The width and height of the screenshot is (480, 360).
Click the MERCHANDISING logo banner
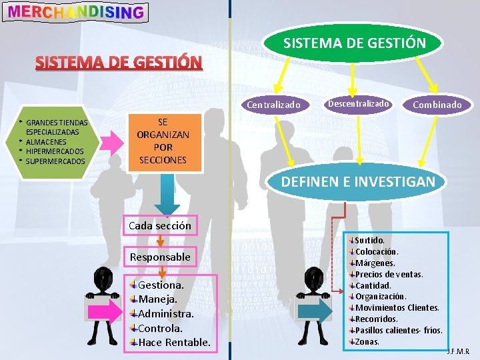[x=75, y=11]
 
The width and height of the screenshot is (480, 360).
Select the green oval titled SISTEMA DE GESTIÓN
[x=354, y=43]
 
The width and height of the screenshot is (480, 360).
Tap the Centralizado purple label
[x=274, y=105]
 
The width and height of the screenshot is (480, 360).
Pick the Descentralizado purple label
[x=358, y=103]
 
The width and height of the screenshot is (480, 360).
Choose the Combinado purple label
[x=437, y=105]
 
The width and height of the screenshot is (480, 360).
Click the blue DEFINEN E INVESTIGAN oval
[x=358, y=181]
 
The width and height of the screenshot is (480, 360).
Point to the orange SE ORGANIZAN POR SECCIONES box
[x=163, y=141]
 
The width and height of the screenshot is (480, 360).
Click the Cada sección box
[x=159, y=225]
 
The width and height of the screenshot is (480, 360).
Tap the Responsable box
[x=160, y=257]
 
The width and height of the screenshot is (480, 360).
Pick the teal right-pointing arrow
[x=314, y=311]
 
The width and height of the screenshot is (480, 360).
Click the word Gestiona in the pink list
[x=161, y=285]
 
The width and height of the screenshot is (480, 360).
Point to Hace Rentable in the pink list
[x=174, y=343]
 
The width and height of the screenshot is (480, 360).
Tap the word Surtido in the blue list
[x=369, y=240]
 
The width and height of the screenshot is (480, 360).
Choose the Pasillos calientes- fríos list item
[x=399, y=330]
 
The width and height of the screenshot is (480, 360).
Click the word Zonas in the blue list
[x=367, y=341]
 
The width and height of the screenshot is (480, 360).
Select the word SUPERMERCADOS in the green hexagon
[x=55, y=161]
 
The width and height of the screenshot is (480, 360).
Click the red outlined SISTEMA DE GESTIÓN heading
[x=119, y=63]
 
